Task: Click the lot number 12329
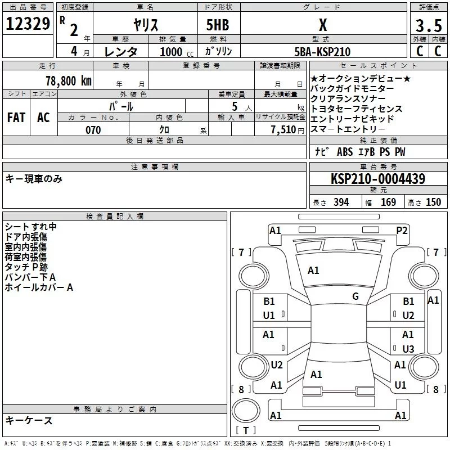point(28,24)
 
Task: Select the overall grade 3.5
point(427,26)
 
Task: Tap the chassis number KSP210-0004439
point(377,179)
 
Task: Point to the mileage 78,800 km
point(68,80)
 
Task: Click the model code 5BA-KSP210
point(322,52)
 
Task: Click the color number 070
point(93,130)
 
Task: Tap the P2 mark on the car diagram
point(402,229)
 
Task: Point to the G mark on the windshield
point(355,296)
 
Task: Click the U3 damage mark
point(408,349)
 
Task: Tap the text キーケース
point(29,421)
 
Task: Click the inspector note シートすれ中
point(30,227)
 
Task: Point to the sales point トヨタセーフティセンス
point(357,109)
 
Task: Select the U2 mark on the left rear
point(277,365)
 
